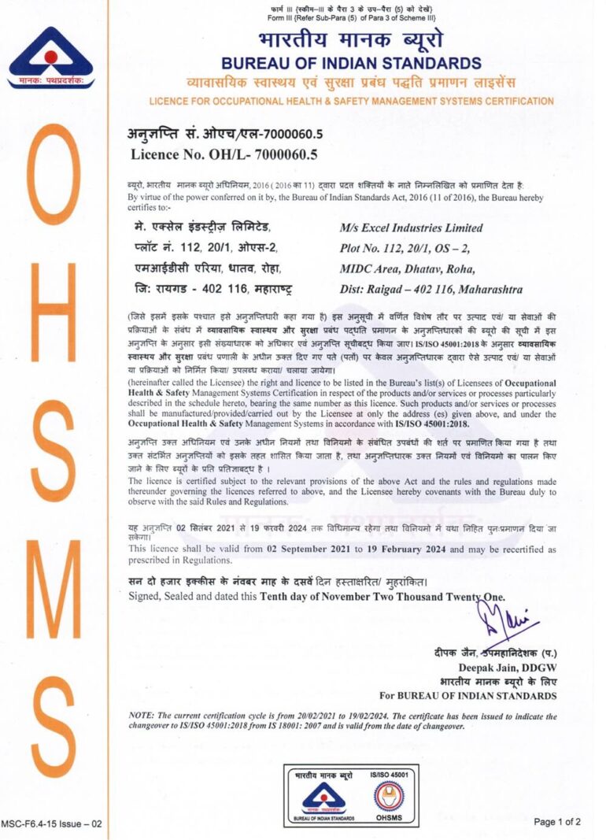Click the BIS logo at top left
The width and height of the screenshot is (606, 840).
click(50, 57)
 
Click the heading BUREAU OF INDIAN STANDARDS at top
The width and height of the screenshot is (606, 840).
click(351, 63)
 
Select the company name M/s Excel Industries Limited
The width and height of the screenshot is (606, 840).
click(411, 228)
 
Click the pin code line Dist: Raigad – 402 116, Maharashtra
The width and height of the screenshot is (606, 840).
click(431, 289)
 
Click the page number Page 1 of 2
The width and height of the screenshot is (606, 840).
click(557, 822)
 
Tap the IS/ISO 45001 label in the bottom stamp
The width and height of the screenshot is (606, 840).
click(390, 775)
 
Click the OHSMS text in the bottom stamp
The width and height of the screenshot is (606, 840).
click(390, 819)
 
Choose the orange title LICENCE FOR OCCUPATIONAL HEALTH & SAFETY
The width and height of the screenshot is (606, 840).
click(351, 101)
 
